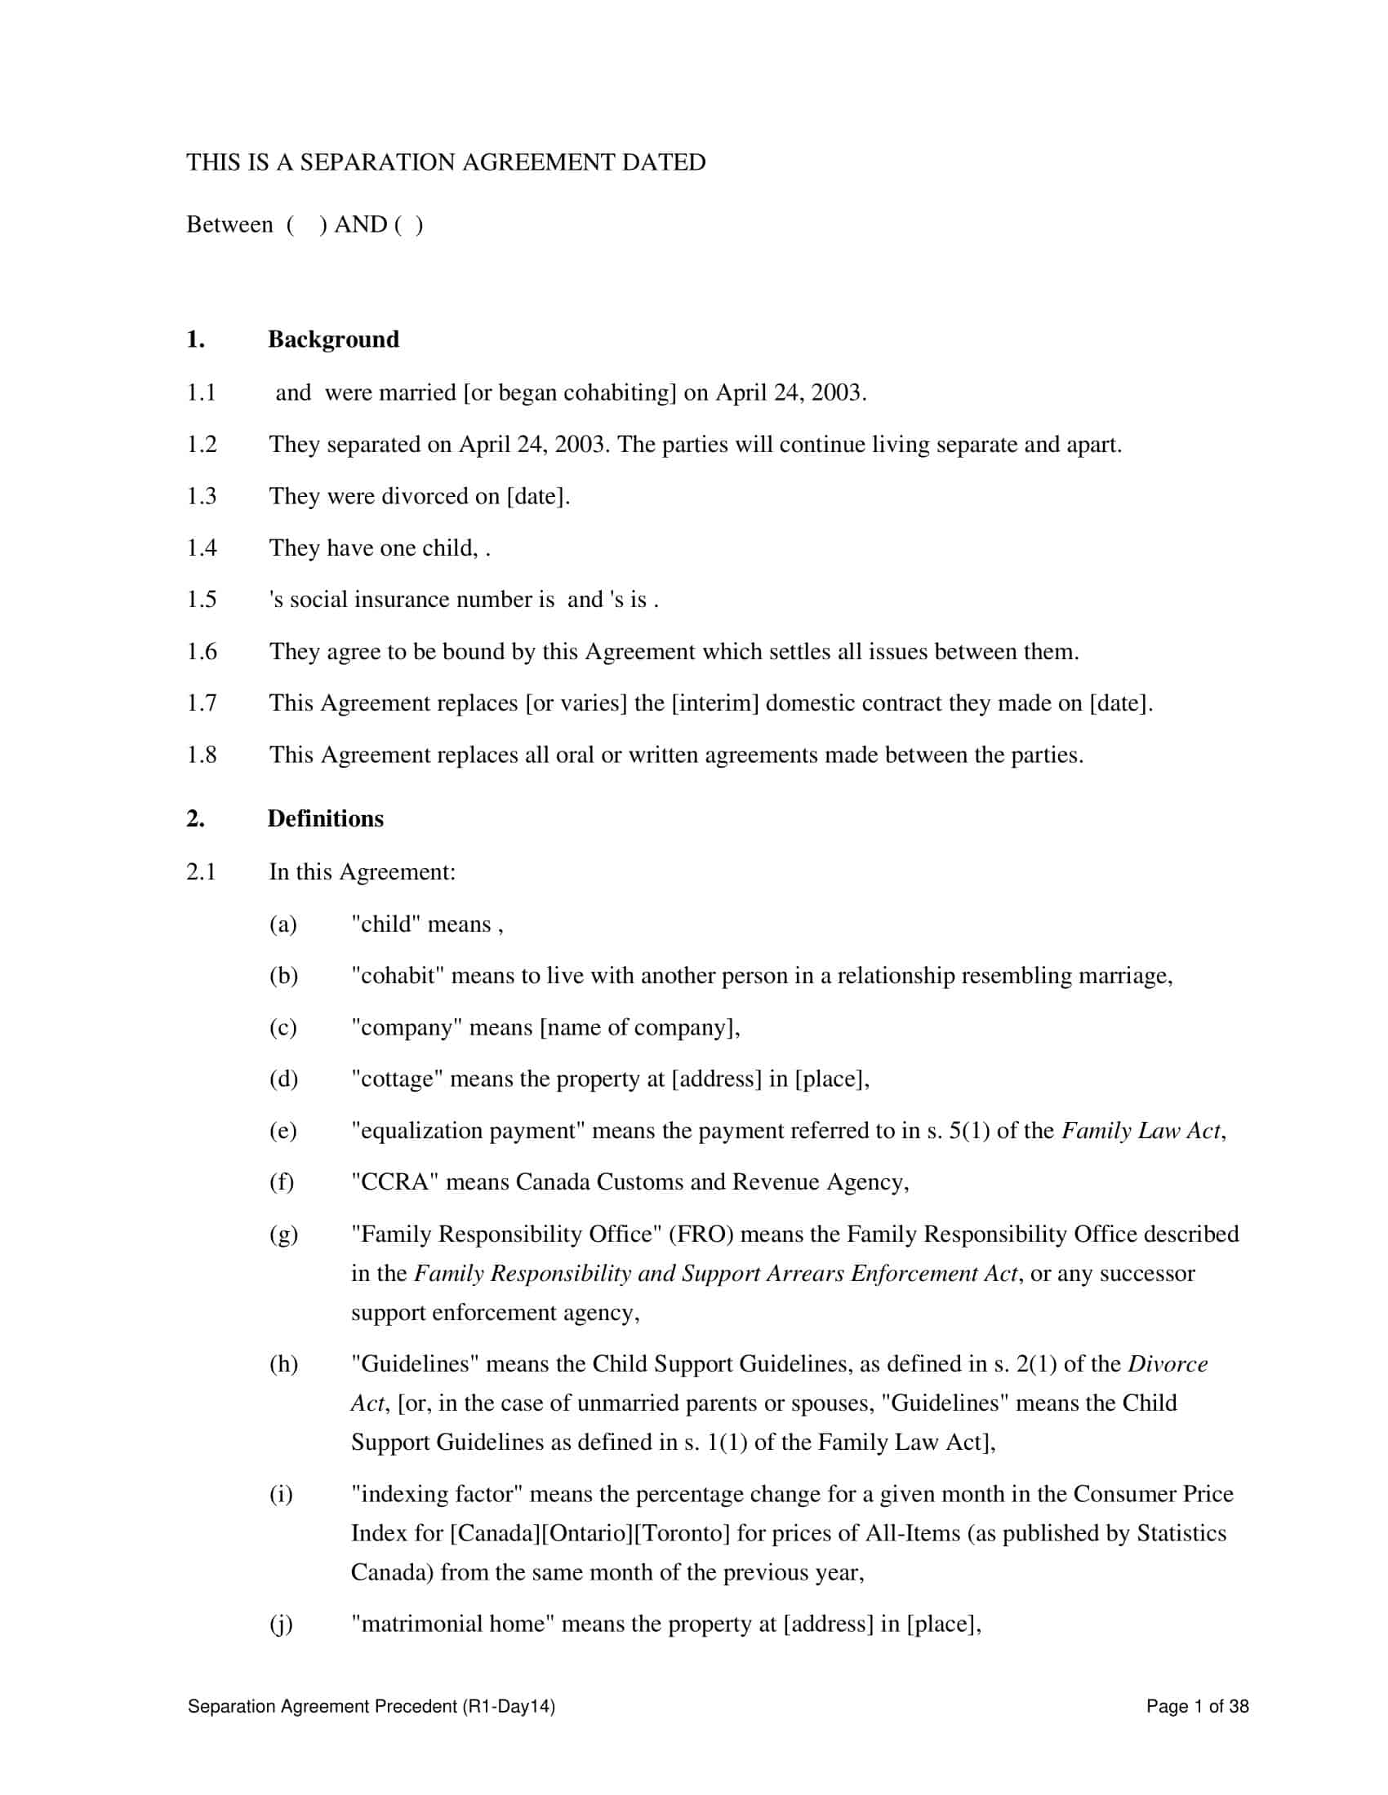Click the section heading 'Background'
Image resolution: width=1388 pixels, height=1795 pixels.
click(333, 339)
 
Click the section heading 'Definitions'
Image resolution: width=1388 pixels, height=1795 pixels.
click(326, 818)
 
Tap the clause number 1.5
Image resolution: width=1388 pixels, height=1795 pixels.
click(202, 599)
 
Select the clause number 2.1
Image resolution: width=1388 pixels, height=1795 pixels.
click(202, 871)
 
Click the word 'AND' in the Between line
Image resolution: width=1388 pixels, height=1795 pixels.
click(360, 224)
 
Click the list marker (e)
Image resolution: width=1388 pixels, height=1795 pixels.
click(282, 1130)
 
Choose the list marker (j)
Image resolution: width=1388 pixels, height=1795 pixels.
click(281, 1624)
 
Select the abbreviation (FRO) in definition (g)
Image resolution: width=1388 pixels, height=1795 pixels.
click(701, 1234)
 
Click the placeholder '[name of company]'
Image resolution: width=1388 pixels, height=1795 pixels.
click(639, 1027)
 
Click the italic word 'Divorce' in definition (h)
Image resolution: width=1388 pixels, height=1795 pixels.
click(1168, 1363)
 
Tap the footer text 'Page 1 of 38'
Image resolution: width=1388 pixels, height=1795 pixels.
click(1197, 1706)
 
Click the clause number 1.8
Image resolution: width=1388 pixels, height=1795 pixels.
click(202, 755)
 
